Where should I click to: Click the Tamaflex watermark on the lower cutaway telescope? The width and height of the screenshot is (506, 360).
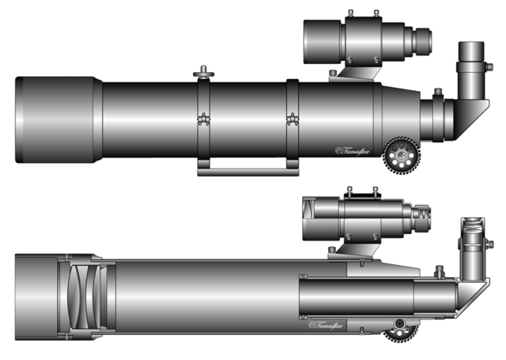coord(328,324)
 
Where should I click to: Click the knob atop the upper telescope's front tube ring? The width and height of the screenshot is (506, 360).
coord(205,73)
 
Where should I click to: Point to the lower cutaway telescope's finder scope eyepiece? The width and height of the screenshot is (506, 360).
coord(425,214)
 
